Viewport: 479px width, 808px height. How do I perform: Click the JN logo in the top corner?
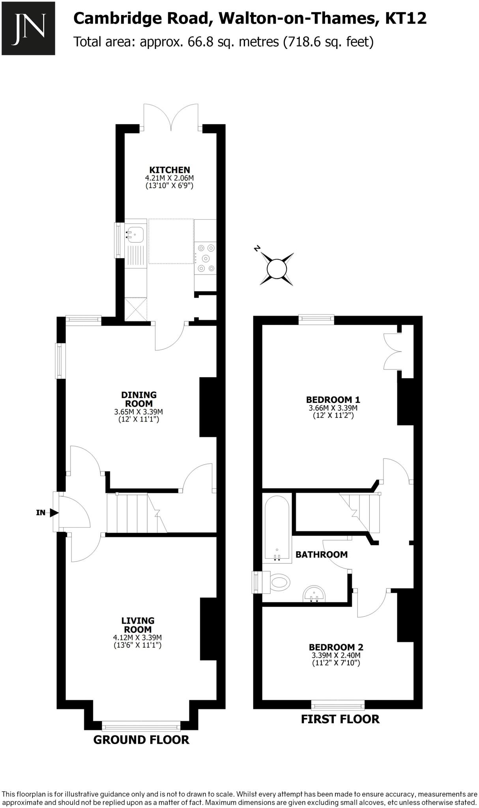[28, 28]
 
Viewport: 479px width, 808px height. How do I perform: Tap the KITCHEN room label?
[170, 170]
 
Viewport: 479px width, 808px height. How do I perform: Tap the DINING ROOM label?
[138, 399]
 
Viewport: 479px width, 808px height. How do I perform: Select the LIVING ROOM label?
[138, 625]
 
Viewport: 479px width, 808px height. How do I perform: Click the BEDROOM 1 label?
[333, 400]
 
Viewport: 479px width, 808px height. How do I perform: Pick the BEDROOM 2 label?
[336, 647]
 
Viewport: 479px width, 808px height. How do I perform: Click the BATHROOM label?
[322, 554]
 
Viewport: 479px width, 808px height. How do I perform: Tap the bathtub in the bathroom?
[277, 526]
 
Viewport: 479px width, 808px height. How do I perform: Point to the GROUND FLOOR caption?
[141, 740]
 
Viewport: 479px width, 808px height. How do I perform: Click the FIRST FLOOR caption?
[340, 719]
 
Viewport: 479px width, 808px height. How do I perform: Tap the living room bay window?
[141, 726]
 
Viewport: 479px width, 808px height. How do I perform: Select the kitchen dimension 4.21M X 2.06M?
[170, 178]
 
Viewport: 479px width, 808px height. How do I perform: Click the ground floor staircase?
[136, 513]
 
